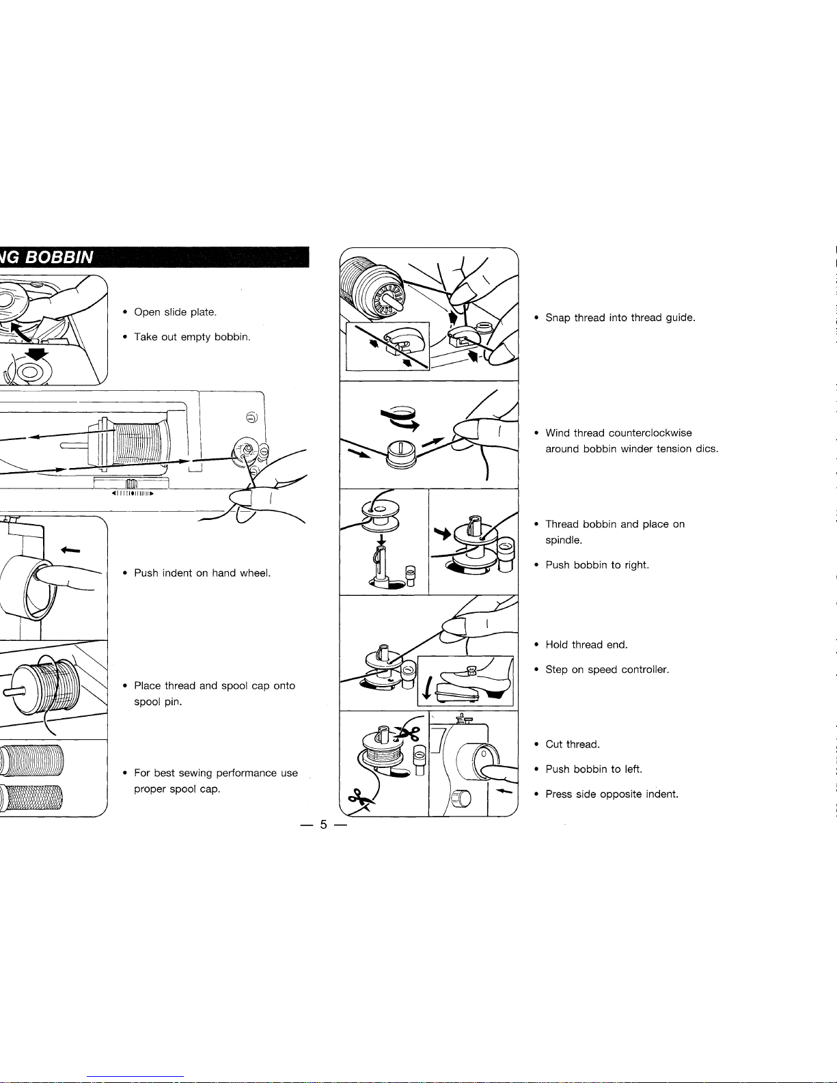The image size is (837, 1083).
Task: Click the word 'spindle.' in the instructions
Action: coord(564,540)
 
